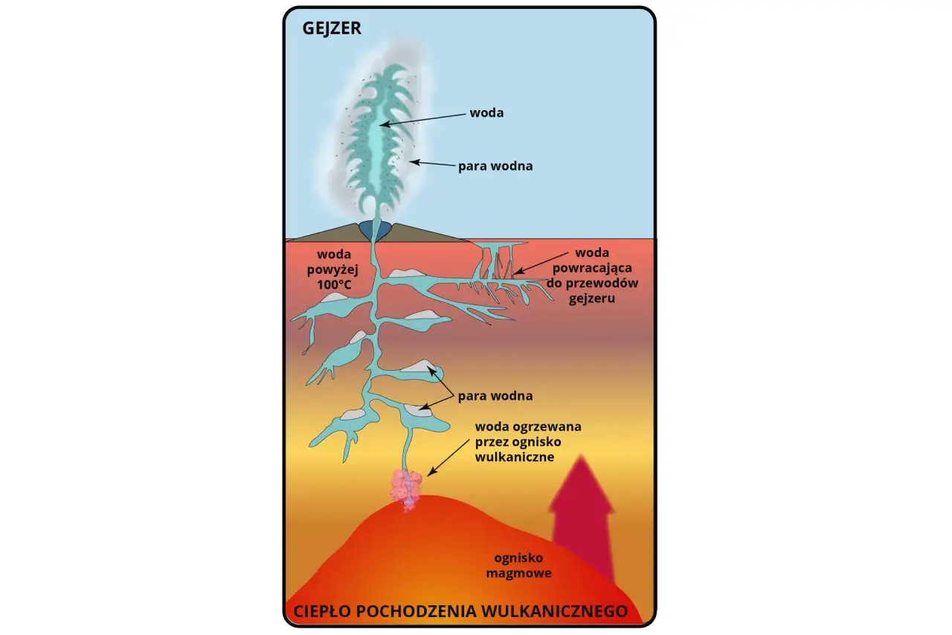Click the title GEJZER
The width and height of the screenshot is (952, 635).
(x=332, y=28)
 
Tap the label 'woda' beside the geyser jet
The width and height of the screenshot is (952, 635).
(x=486, y=112)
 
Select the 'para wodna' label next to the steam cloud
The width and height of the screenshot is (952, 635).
(x=495, y=166)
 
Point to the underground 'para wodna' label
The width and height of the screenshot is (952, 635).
(x=495, y=396)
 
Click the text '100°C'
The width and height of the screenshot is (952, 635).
(x=334, y=284)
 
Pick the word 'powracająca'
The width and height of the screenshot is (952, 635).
(x=592, y=268)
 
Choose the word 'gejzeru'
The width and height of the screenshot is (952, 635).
(x=592, y=299)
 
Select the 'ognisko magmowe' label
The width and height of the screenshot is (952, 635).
(x=518, y=565)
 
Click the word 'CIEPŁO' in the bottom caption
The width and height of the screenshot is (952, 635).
(x=322, y=611)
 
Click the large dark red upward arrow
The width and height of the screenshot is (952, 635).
(x=582, y=519)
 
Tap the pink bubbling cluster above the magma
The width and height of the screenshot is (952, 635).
(x=406, y=490)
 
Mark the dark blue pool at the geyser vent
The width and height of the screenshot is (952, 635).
(x=375, y=230)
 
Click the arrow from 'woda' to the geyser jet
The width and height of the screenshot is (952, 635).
(x=422, y=119)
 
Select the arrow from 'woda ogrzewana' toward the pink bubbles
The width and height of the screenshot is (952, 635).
(x=448, y=458)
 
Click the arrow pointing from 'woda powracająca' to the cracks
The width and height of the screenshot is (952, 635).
(x=541, y=263)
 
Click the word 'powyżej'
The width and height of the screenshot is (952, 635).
(x=332, y=269)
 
